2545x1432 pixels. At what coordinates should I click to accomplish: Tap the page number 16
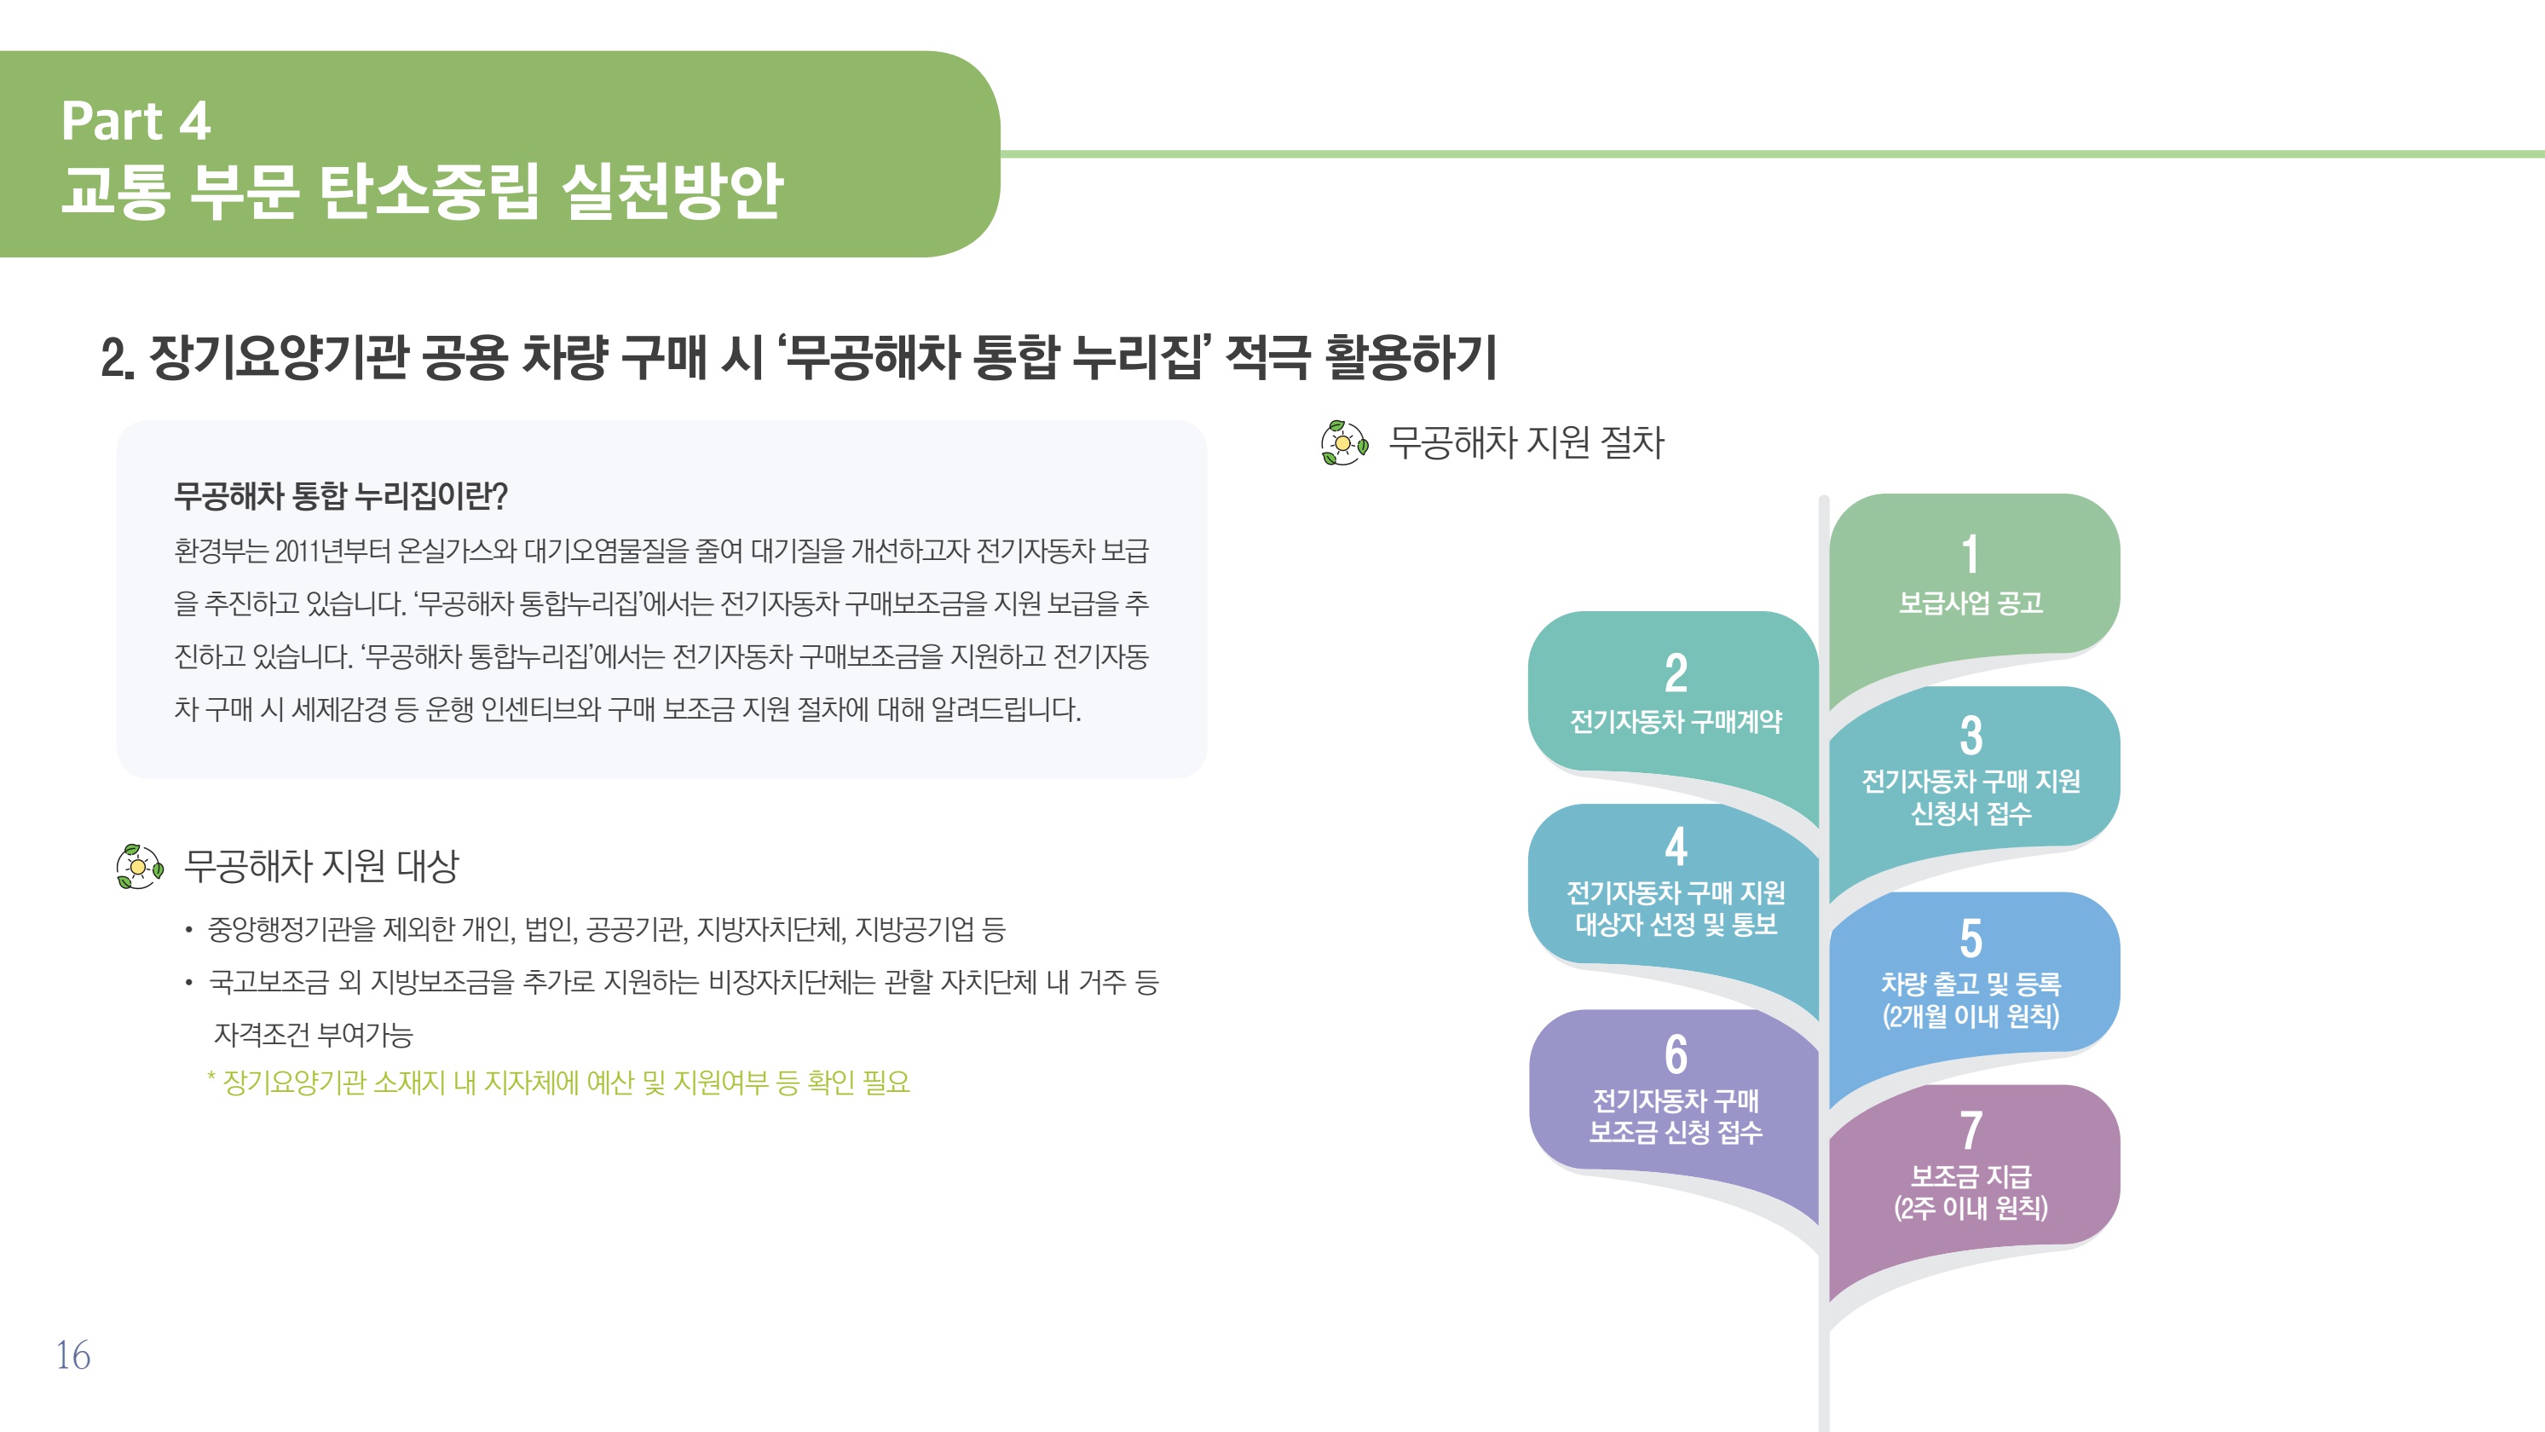pyautogui.click(x=73, y=1355)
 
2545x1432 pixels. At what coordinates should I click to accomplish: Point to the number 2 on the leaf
pyautogui.click(x=1676, y=673)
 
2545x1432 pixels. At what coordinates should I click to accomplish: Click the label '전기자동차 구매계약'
pyautogui.click(x=1676, y=721)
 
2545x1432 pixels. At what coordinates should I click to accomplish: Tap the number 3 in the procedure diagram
pyautogui.click(x=1971, y=736)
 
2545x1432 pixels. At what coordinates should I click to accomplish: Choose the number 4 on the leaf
pyautogui.click(x=1676, y=846)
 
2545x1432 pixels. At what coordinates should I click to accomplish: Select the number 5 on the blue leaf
pyautogui.click(x=1971, y=938)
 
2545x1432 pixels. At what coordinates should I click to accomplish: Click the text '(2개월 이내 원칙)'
pyautogui.click(x=1971, y=1016)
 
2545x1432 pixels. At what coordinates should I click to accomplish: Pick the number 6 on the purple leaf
pyautogui.click(x=1676, y=1054)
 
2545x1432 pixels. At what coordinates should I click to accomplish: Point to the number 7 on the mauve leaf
pyautogui.click(x=1971, y=1129)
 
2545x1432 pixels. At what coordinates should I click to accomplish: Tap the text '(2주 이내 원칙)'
pyautogui.click(x=1971, y=1208)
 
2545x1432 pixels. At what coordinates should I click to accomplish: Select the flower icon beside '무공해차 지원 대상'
pyautogui.click(x=139, y=867)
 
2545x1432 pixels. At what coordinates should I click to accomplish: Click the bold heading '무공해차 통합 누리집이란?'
pyautogui.click(x=341, y=495)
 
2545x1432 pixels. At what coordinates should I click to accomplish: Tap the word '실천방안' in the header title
pyautogui.click(x=672, y=191)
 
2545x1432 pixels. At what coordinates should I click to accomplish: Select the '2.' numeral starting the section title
pyautogui.click(x=118, y=358)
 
